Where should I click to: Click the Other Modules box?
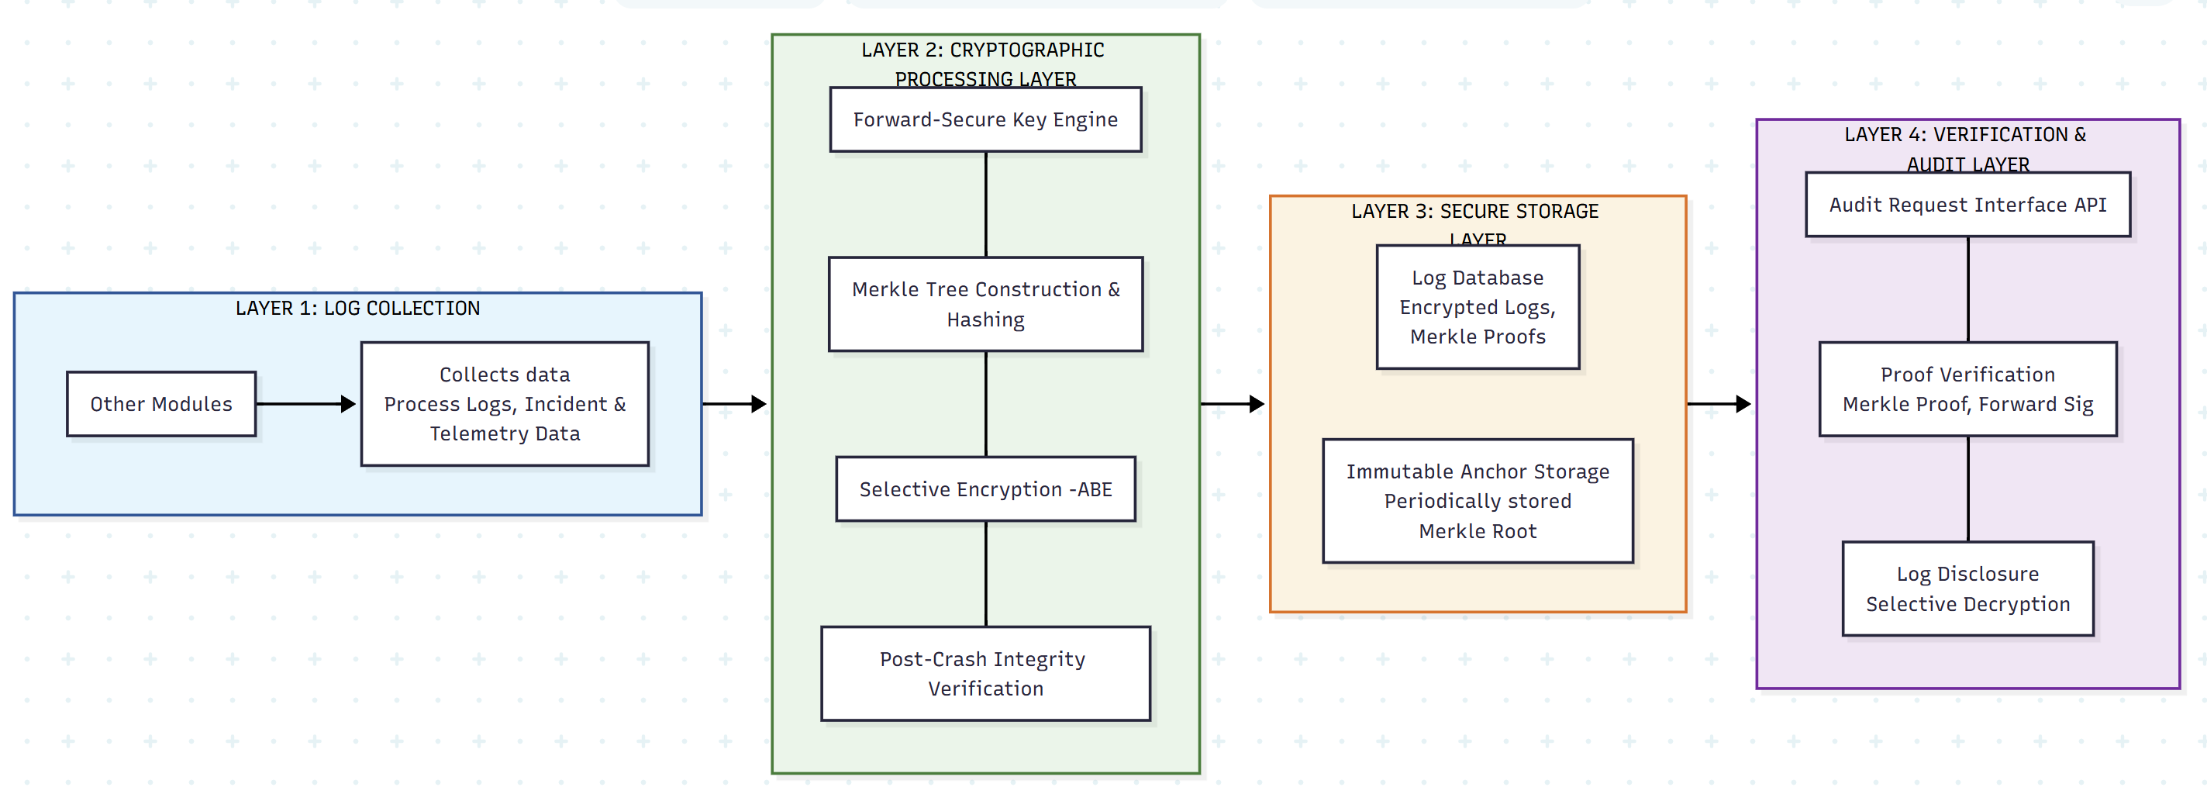click(161, 403)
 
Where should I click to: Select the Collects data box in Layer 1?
click(505, 403)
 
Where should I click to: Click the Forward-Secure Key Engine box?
click(985, 120)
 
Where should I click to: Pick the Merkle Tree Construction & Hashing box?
click(985, 304)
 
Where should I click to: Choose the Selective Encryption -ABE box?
click(985, 489)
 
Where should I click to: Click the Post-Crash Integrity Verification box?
click(985, 673)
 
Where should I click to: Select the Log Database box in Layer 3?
click(1477, 306)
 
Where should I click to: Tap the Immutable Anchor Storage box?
click(1477, 501)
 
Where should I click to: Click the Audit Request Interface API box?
click(1967, 205)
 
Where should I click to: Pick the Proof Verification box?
click(1967, 389)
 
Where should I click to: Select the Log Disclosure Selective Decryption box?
click(1967, 589)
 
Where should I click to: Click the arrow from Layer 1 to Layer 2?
click(733, 403)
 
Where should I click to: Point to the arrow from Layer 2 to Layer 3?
click(1232, 403)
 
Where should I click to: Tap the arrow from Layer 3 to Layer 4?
click(1719, 403)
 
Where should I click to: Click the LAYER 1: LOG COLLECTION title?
click(357, 309)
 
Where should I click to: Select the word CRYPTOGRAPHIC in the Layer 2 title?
click(1026, 50)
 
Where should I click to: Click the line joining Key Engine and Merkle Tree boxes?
click(985, 204)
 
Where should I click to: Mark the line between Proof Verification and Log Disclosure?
click(1967, 488)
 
